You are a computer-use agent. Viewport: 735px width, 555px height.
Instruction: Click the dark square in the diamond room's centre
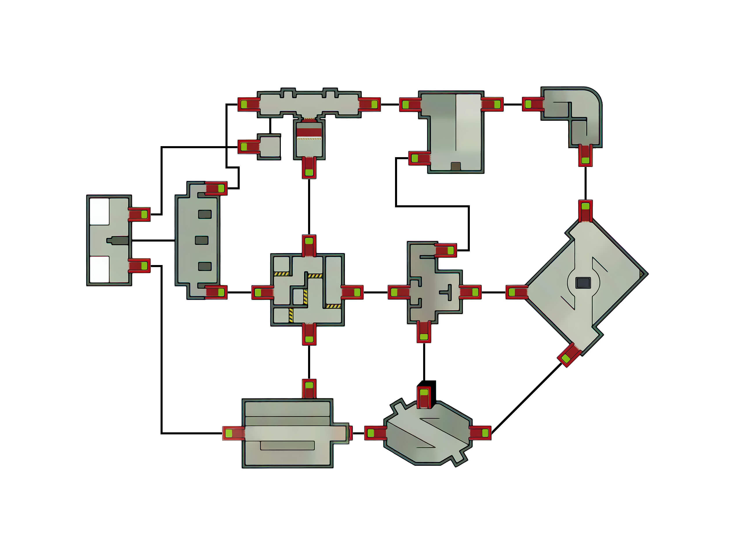coord(583,283)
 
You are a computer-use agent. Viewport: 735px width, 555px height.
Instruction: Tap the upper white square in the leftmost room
coord(99,211)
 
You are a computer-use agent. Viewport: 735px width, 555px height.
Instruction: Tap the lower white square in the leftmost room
coord(99,269)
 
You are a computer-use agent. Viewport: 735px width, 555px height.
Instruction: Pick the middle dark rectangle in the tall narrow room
coord(201,240)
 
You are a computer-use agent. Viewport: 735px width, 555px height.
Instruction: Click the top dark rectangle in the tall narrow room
coord(205,214)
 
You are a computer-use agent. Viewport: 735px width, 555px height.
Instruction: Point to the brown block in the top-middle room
coord(456,166)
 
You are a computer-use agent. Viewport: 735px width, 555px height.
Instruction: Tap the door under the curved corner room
coord(585,155)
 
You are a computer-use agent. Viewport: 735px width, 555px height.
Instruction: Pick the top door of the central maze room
coord(309,245)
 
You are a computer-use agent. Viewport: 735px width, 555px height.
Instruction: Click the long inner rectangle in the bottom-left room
coord(288,445)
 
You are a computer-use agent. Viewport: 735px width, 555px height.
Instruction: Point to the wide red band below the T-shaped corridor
coord(309,132)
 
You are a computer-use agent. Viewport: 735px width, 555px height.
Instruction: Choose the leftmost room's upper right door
coord(139,215)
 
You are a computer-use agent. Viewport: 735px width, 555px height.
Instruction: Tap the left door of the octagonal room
coord(376,433)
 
